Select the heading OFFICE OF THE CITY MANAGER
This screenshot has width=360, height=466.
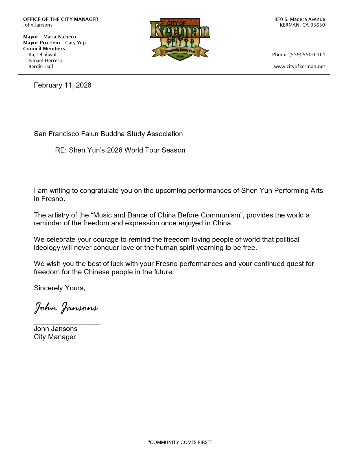pyautogui.click(x=61, y=19)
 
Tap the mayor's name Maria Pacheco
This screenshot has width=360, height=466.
pyautogui.click(x=60, y=37)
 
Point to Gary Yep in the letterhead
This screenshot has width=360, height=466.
pyautogui.click(x=75, y=43)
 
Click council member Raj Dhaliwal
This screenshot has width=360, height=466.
pyautogui.click(x=42, y=55)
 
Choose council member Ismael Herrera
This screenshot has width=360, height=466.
pyautogui.click(x=45, y=60)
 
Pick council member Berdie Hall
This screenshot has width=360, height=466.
pyautogui.click(x=41, y=66)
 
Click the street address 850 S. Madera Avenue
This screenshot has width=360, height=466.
pyautogui.click(x=299, y=19)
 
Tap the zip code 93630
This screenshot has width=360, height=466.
pyautogui.click(x=318, y=25)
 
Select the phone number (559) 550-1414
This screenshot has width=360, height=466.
pyautogui.click(x=307, y=55)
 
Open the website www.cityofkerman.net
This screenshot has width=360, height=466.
pyautogui.click(x=299, y=66)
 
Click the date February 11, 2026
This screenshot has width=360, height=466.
pyautogui.click(x=62, y=85)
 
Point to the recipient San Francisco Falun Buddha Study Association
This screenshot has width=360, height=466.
pyautogui.click(x=108, y=134)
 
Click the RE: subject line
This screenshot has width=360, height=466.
pyautogui.click(x=120, y=150)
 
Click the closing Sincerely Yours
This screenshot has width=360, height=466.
pyautogui.click(x=59, y=288)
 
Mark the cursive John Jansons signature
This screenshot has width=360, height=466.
pyautogui.click(x=66, y=308)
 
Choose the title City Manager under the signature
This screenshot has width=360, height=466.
pyautogui.click(x=55, y=337)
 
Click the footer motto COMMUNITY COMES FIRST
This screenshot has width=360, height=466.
pyautogui.click(x=180, y=442)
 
